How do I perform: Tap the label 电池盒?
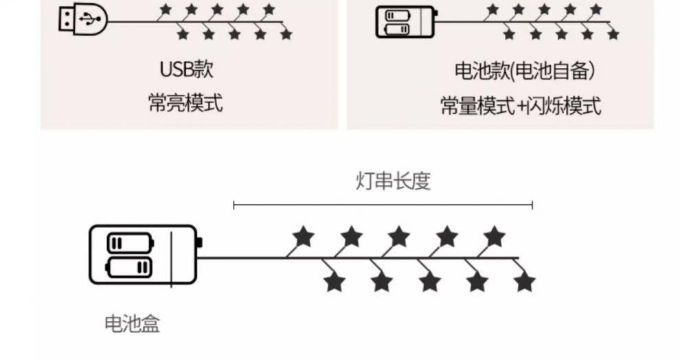click(x=132, y=324)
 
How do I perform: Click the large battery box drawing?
click(x=143, y=255)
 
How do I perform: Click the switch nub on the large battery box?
click(x=199, y=243)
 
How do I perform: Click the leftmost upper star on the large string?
click(x=303, y=238)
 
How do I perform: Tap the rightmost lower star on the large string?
click(x=524, y=281)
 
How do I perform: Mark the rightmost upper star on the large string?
click(x=493, y=238)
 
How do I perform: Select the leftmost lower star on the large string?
click(x=334, y=281)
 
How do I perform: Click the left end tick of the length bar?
click(x=234, y=204)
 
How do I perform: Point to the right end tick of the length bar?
click(x=532, y=204)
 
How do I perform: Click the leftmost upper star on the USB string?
click(x=166, y=10)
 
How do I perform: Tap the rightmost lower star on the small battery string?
click(x=613, y=34)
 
